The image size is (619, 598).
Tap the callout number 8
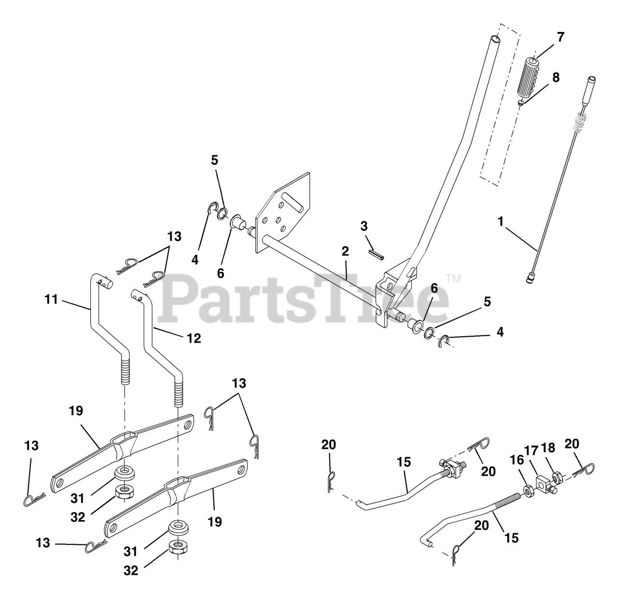[x=556, y=77]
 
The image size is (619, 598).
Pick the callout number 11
[x=51, y=300]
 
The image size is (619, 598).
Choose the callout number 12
[x=193, y=338]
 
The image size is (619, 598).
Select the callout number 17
[x=531, y=450]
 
